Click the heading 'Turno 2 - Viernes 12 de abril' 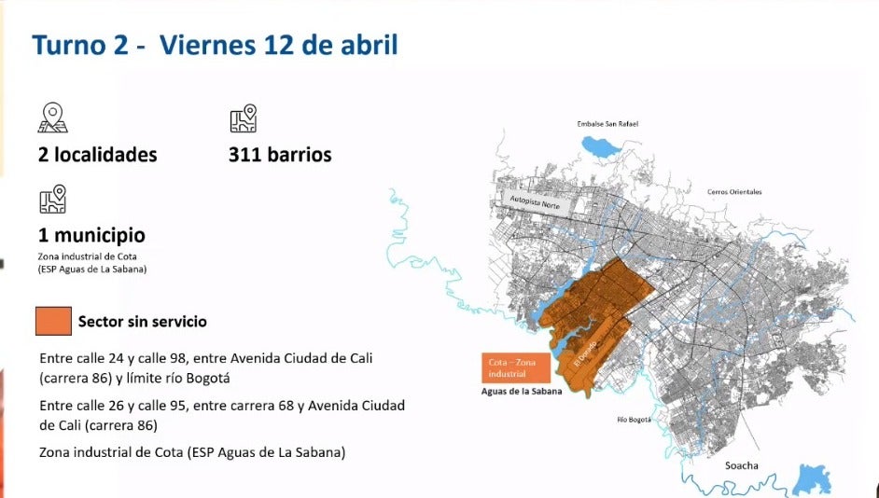point(216,45)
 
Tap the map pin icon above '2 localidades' point(53,118)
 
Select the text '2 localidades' point(98,155)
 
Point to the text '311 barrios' point(280,155)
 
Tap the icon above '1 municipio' point(53,199)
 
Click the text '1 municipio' point(91,236)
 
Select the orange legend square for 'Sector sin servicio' point(53,321)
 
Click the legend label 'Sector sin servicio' point(143,322)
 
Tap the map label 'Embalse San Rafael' point(607,124)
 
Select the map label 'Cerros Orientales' point(735,192)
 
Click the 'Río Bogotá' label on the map point(634,420)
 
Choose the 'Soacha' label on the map point(742,465)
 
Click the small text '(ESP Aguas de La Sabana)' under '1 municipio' point(92,270)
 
